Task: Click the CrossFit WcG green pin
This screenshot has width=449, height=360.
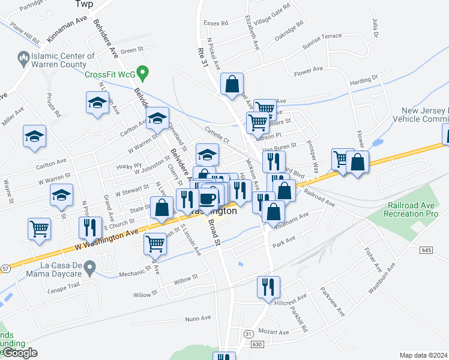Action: click(142, 74)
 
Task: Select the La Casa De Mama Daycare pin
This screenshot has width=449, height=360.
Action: click(89, 267)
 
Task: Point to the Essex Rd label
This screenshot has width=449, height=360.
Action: click(216, 23)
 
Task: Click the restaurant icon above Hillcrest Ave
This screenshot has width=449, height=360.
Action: click(267, 287)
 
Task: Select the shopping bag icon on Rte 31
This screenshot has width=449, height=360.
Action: click(232, 85)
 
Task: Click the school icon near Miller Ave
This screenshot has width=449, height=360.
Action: click(35, 136)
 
